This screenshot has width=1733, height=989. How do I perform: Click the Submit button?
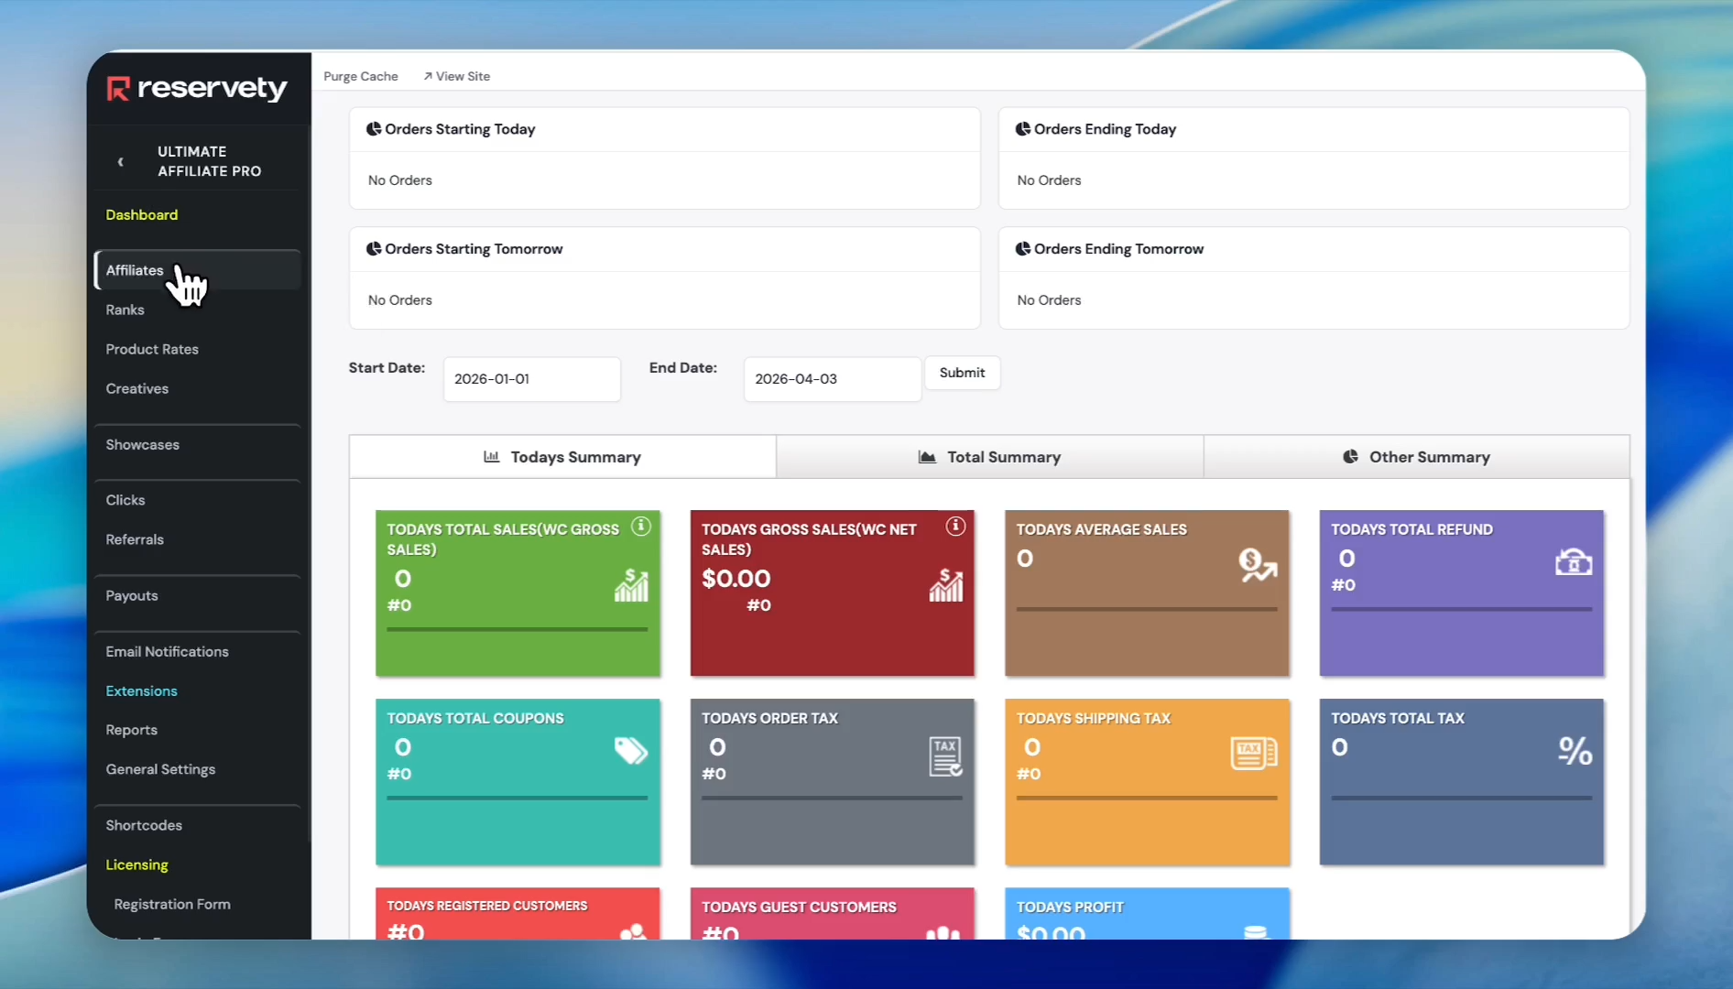coord(962,373)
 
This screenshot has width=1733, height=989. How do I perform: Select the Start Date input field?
coord(531,379)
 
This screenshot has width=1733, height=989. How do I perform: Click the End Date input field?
coord(832,379)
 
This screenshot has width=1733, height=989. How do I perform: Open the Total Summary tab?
coord(989,457)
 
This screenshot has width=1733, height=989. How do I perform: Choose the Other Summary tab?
coord(1416,457)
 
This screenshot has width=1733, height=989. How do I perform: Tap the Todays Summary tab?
coord(562,457)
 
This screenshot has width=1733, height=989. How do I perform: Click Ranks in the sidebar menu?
coord(125,310)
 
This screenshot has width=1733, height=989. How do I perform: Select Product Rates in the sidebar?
coord(152,349)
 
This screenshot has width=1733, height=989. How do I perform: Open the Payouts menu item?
coord(132,595)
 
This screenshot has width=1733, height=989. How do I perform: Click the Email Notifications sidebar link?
coord(167,651)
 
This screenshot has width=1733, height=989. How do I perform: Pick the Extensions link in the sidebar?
coord(141,690)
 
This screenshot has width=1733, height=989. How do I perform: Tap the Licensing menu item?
coord(136,864)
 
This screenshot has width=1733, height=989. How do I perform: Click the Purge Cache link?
coord(360,76)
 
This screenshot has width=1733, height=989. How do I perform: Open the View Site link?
coord(457,76)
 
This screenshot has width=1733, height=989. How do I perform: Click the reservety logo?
coord(197,88)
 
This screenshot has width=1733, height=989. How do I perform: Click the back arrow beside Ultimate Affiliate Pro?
coord(120,162)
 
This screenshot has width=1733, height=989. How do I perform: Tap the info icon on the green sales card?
coord(641,527)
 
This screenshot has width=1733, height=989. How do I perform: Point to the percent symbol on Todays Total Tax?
coord(1575,751)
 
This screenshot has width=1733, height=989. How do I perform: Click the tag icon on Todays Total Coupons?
coord(630,751)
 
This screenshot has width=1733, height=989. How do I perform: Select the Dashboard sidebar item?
coord(141,214)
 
